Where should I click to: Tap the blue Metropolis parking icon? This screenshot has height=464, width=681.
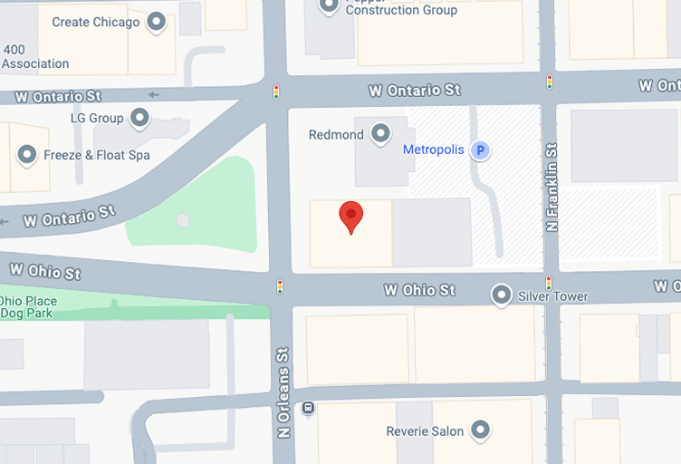482,150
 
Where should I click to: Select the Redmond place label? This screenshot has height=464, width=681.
336,135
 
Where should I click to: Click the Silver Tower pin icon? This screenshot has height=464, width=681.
501,295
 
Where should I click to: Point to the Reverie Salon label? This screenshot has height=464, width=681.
425,431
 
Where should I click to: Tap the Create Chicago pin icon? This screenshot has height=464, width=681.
158,22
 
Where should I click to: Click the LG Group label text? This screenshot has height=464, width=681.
97,119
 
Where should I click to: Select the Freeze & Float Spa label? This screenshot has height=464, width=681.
97,155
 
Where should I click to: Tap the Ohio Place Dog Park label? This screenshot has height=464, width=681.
28,307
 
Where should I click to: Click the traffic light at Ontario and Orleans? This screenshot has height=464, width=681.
277,92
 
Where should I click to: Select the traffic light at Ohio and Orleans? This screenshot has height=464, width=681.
280,287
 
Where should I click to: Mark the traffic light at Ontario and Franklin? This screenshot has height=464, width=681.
550,82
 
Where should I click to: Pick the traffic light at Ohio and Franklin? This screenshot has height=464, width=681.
549,283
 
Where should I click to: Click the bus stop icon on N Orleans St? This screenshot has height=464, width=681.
309,408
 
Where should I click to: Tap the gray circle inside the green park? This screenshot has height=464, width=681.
184,219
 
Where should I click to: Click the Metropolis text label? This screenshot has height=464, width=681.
433,150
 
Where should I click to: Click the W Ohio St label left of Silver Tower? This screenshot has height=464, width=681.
420,290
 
